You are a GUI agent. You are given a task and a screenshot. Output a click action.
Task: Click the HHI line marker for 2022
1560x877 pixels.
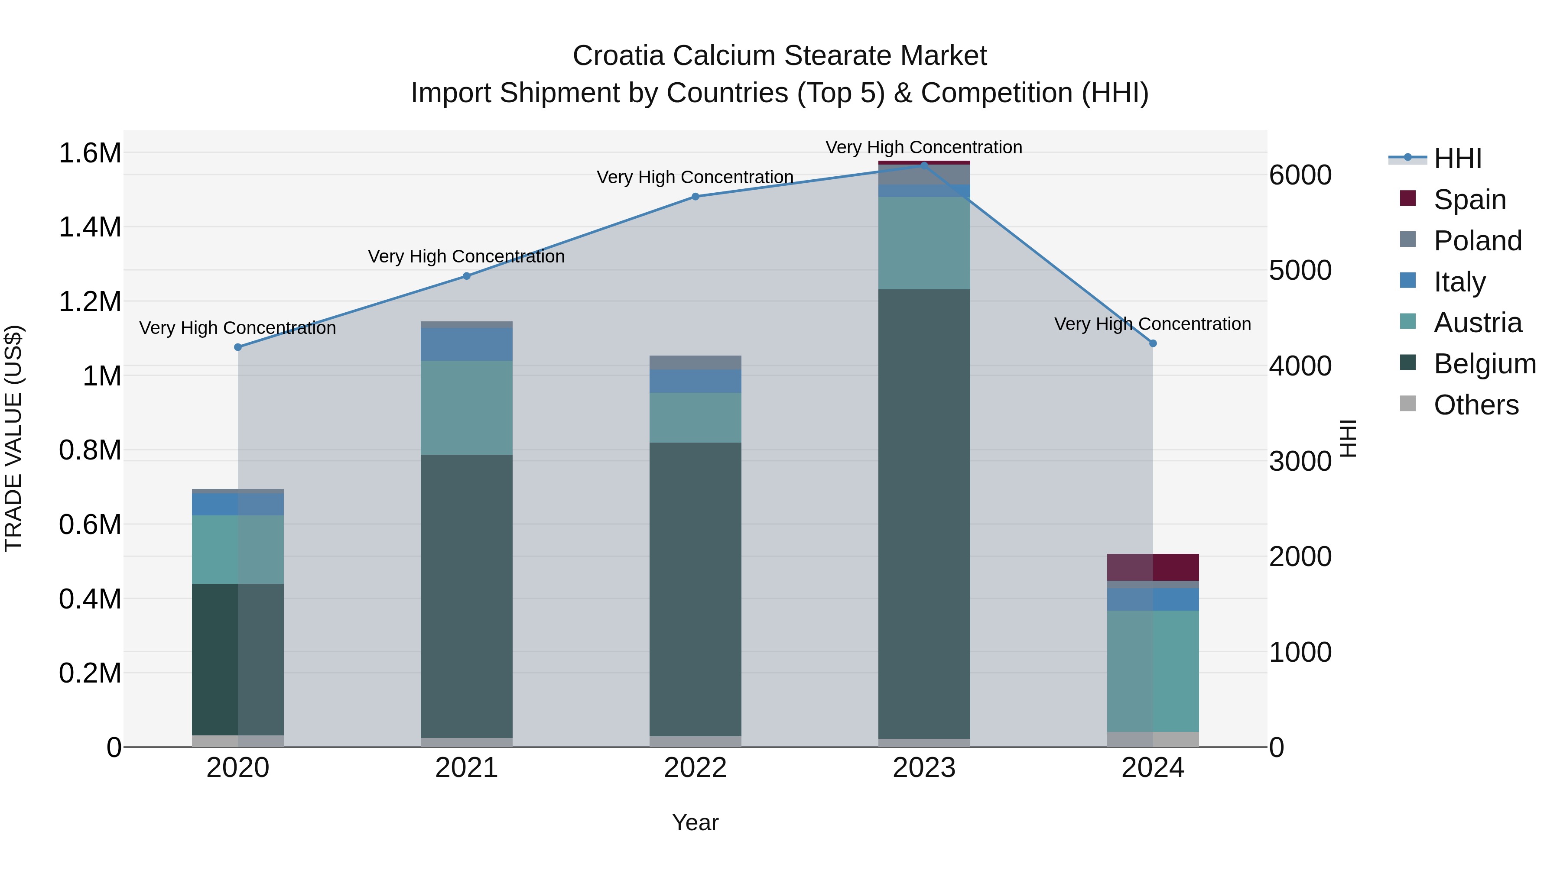[x=695, y=197]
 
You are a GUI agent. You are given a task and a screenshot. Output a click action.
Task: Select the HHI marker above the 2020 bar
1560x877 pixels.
[x=238, y=347]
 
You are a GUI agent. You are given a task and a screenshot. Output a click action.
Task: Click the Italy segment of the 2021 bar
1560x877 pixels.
[x=466, y=344]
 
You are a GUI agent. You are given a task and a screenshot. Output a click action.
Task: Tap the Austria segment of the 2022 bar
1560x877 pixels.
[x=695, y=417]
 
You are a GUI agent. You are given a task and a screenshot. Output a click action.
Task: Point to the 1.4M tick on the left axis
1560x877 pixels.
[x=90, y=227]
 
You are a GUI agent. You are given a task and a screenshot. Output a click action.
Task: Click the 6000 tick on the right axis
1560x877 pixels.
[x=1300, y=175]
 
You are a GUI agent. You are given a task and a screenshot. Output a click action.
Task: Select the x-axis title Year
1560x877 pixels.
[x=695, y=822]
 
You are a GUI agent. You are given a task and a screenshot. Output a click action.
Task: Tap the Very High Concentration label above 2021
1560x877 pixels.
[x=466, y=257]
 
